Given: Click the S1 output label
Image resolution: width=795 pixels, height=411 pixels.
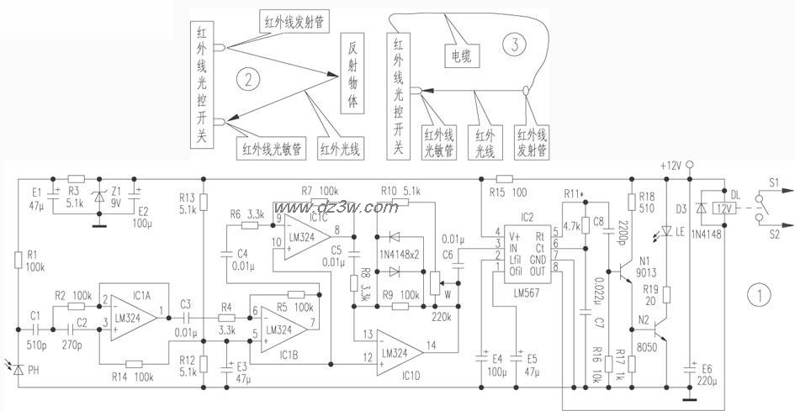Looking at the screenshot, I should point(772,182).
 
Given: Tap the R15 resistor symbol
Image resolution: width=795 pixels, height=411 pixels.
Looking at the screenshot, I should point(504,178).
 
